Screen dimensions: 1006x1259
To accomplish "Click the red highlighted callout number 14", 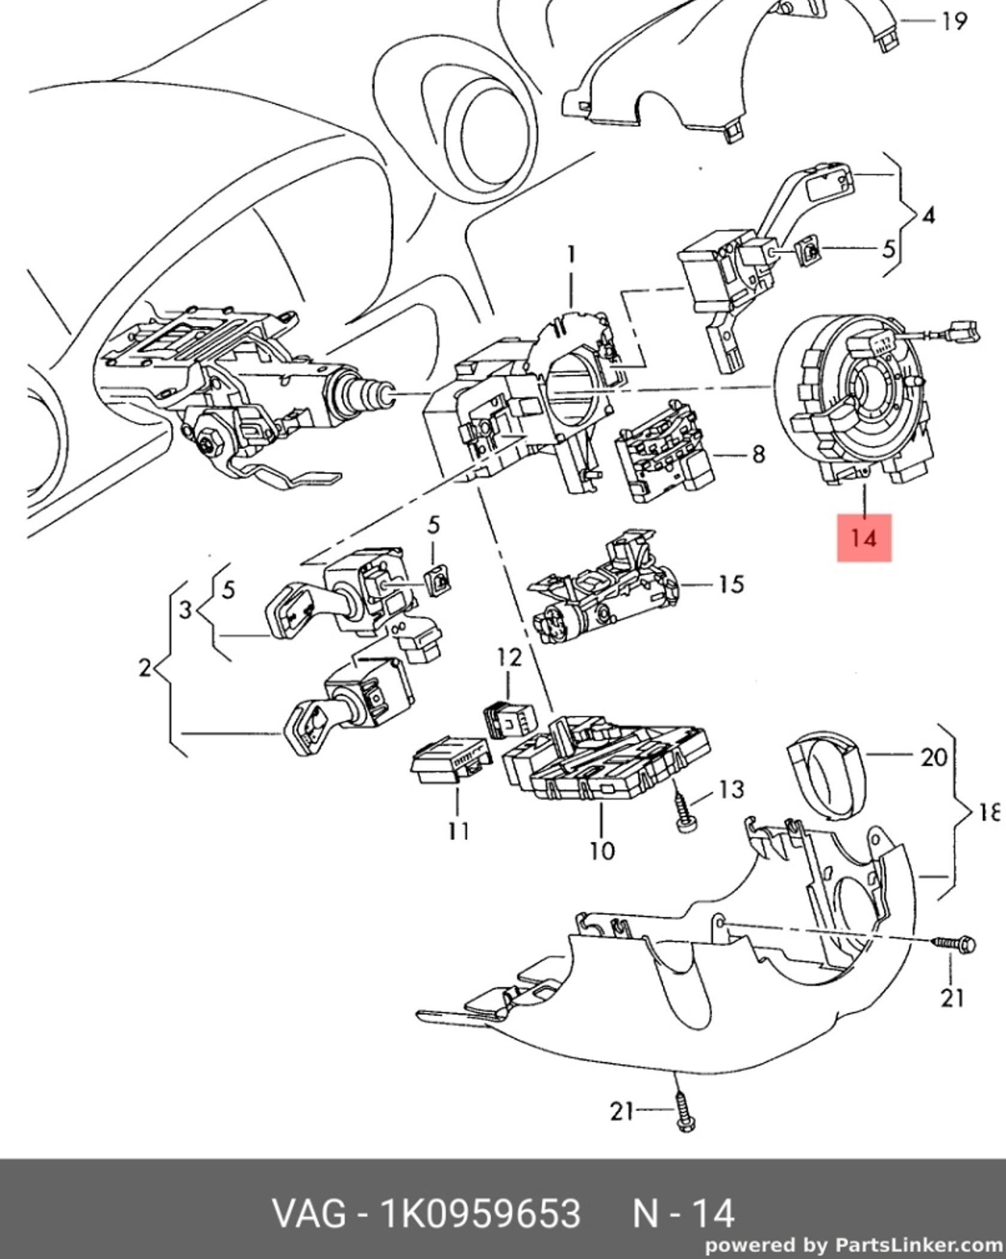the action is pos(864,538).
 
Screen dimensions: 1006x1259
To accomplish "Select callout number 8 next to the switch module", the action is pos(759,454).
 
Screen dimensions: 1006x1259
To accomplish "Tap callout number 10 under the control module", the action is pos(602,850).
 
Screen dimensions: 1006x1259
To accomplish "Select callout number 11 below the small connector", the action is pos(458,831).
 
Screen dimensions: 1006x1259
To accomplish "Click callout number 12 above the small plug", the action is pos(509,658).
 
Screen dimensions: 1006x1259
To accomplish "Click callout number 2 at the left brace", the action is pos(145,667).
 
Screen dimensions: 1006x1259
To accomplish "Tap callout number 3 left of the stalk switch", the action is pos(186,610).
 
